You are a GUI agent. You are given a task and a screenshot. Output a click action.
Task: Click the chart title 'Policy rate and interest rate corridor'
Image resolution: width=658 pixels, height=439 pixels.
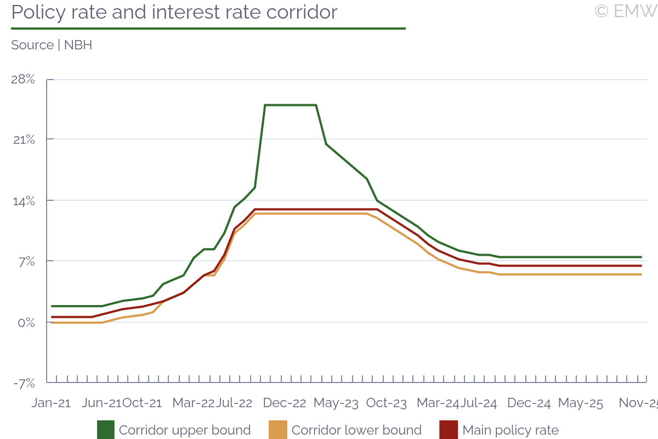174,12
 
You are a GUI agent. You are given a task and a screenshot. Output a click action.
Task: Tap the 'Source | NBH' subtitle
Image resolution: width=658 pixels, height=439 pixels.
52,45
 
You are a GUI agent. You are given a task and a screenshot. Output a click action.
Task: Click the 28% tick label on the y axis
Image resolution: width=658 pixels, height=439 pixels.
23,80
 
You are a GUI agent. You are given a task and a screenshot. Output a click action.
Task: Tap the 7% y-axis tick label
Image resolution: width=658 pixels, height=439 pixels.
26,261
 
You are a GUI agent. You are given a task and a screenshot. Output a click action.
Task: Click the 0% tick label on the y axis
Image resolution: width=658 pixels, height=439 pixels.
25,322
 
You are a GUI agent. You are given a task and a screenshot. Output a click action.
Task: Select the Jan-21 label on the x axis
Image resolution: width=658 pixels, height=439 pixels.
51,403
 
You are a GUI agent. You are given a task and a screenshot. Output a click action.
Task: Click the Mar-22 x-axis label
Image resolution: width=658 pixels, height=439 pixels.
193,403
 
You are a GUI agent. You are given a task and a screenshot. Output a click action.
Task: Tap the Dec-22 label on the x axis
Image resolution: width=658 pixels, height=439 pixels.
285,403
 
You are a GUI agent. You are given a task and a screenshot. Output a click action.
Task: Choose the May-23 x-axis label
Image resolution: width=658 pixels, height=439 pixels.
336,403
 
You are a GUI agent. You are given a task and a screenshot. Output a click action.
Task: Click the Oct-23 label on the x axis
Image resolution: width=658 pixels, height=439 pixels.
387,403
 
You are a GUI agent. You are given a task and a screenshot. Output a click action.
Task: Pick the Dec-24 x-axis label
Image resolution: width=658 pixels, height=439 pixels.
529,403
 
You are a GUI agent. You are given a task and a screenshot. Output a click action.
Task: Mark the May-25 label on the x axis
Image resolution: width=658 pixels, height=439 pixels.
580,403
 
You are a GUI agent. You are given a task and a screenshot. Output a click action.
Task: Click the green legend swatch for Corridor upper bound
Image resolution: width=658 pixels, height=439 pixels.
106,430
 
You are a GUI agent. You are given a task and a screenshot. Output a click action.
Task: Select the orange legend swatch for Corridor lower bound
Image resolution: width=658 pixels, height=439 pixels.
278,430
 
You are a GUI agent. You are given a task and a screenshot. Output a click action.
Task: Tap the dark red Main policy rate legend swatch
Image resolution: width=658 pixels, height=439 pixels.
449,430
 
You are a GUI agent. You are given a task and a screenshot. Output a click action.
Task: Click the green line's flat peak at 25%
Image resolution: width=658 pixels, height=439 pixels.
291,105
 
